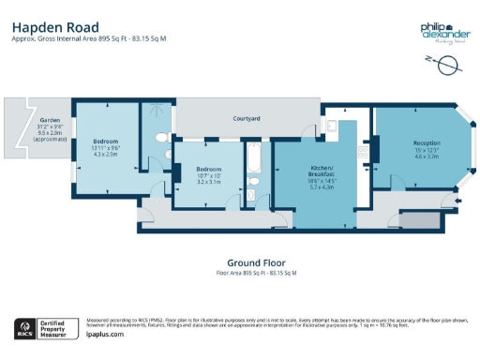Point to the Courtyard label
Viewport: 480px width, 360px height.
point(247,118)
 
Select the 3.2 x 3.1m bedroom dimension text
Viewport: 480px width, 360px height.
point(208,181)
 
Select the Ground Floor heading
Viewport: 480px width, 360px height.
point(256,262)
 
